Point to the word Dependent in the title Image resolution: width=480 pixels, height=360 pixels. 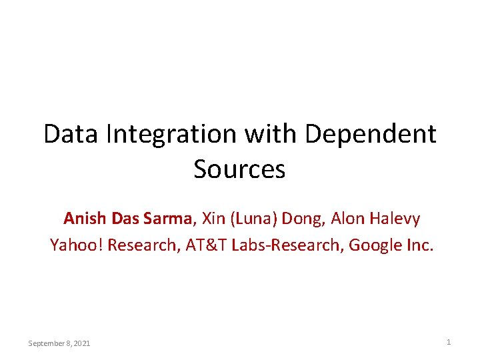coord(371,134)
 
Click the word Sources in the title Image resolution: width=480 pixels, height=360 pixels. coord(239,169)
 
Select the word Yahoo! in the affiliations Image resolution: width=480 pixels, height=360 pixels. coord(76,245)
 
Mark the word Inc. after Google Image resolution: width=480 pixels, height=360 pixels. coord(420,245)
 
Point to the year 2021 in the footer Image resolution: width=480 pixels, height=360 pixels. coord(82,343)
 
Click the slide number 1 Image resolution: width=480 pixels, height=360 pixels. coord(449,342)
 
